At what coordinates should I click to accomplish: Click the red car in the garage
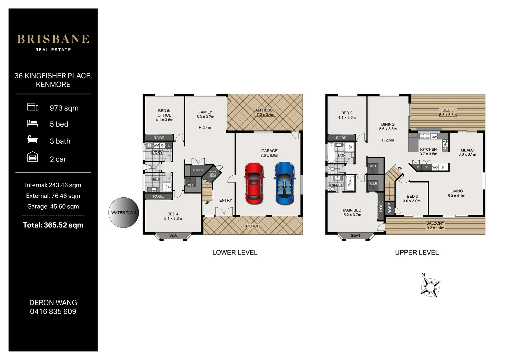point(254,183)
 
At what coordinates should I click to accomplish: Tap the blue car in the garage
point(284,183)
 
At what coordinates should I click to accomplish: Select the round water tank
point(124,213)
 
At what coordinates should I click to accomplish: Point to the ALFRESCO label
point(265,110)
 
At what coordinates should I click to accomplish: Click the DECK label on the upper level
point(448,110)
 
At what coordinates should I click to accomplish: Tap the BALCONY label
point(435,223)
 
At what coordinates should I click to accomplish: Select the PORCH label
point(253,226)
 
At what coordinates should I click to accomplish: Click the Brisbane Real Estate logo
point(53,43)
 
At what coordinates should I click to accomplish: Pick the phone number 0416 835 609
point(53,311)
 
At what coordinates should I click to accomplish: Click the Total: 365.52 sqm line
point(53,225)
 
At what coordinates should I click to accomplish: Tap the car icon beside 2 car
point(33,157)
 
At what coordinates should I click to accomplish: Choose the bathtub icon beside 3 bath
point(33,139)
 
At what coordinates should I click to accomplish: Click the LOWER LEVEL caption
point(235,252)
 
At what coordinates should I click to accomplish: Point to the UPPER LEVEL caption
point(417,252)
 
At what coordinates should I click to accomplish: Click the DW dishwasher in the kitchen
point(434,137)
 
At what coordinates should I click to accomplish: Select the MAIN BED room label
point(352,210)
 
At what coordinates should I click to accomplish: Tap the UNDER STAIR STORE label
point(213,174)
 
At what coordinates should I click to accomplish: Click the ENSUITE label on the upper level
point(336,185)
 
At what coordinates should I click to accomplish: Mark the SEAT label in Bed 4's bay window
point(174,235)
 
